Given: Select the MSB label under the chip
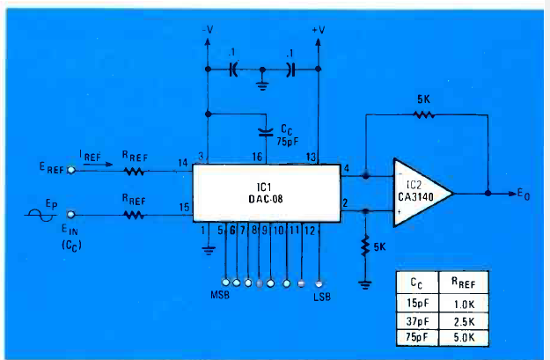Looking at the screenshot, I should [220, 291].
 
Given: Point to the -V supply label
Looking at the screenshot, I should [208, 29].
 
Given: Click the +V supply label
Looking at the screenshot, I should [319, 29].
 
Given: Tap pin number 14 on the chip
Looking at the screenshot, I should [183, 163].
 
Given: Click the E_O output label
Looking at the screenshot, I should [527, 193].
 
